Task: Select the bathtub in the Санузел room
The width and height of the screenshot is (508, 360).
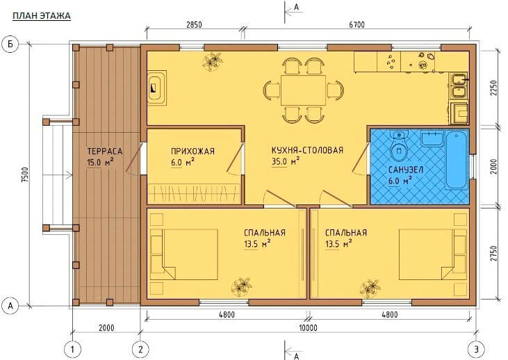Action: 457,160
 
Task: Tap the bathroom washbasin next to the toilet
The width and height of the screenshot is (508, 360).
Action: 432,138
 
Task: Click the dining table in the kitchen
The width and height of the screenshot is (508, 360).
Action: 303,90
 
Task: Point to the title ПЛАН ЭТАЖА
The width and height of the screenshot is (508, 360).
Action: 42,16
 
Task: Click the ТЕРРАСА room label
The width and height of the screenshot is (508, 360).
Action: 105,152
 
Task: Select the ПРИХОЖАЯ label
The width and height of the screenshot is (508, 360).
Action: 192,152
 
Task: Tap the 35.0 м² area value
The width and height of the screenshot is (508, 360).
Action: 286,161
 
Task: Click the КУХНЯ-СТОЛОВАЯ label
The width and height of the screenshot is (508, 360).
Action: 307,150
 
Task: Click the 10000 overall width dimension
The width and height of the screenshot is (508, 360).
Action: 308,328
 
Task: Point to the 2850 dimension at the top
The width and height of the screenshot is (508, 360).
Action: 194,25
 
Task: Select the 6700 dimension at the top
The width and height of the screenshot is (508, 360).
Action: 357,25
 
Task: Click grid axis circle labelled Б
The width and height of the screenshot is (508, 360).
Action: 10,44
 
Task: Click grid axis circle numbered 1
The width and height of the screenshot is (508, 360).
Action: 72,350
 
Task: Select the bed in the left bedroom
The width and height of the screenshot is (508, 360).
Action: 184,254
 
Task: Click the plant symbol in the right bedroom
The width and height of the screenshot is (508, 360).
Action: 370,288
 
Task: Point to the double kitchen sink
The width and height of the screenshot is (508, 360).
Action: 459,85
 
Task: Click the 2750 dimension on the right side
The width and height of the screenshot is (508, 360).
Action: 493,254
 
